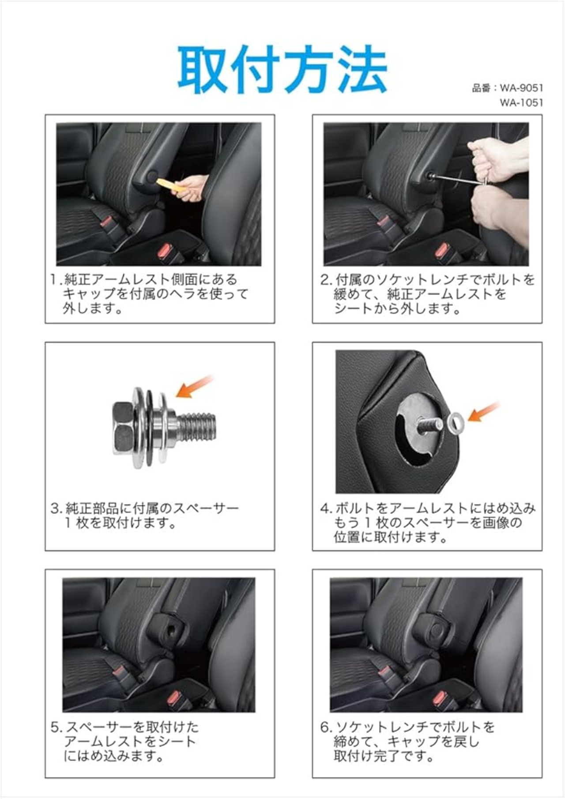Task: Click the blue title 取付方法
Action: pyautogui.click(x=282, y=70)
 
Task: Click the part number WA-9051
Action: pyautogui.click(x=521, y=88)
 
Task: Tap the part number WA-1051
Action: pyautogui.click(x=521, y=103)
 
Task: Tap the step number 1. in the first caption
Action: pyautogui.click(x=56, y=280)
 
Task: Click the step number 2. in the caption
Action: pyautogui.click(x=326, y=280)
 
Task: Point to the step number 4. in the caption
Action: pyautogui.click(x=326, y=509)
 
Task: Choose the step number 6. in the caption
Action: pyautogui.click(x=326, y=727)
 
